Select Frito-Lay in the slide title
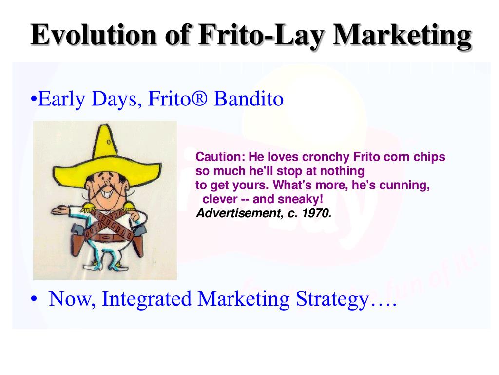pos(260,35)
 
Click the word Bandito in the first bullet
pos(249,99)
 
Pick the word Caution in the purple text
pos(220,157)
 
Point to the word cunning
pos(406,186)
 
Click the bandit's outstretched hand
pos(57,211)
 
